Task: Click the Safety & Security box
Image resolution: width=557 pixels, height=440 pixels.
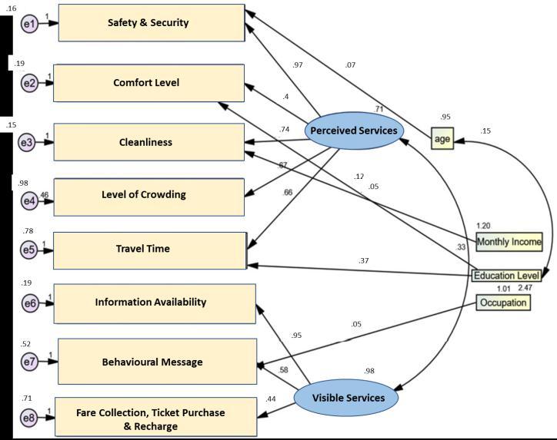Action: [148, 23]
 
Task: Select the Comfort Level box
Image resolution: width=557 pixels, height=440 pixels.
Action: [148, 82]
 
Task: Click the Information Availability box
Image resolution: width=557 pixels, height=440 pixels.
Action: [151, 303]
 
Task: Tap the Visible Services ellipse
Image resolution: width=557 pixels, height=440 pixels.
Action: [354, 399]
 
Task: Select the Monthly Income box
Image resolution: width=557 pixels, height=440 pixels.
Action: [509, 242]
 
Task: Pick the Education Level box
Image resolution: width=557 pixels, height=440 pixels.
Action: [506, 276]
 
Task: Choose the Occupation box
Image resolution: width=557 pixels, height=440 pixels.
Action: [503, 303]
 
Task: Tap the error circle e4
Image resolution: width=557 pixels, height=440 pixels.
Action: [29, 201]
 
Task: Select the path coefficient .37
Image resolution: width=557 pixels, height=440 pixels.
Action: [364, 261]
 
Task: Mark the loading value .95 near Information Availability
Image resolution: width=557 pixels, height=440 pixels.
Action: [296, 336]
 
